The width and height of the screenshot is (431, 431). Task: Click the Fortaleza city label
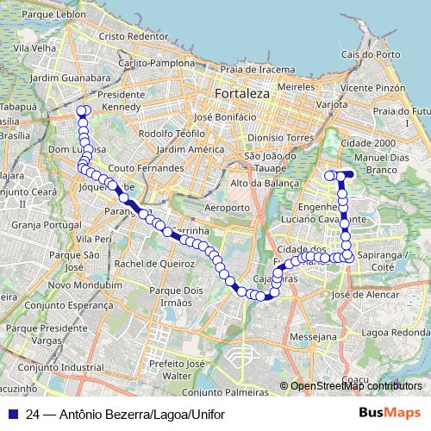click(x=243, y=92)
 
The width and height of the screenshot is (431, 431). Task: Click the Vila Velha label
click(x=27, y=48)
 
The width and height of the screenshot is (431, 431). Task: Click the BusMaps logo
click(x=390, y=414)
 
